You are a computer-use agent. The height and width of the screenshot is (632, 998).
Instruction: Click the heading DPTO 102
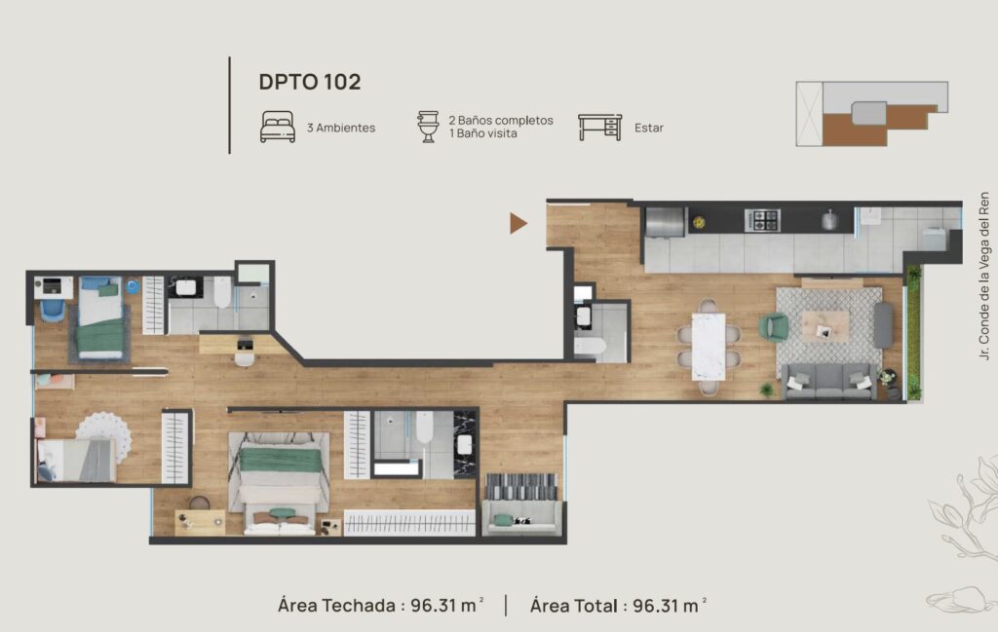[x=309, y=82]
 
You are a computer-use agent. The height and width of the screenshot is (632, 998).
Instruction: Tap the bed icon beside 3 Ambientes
[x=278, y=128]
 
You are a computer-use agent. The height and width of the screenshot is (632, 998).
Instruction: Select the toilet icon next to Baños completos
[x=429, y=127]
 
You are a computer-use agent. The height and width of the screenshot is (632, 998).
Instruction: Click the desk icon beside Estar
[x=599, y=128]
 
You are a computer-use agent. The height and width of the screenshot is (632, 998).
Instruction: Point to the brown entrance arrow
[x=518, y=223]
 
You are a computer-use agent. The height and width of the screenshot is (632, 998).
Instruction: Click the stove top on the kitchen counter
[x=762, y=221]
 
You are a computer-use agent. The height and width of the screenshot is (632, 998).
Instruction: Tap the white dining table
[x=709, y=347]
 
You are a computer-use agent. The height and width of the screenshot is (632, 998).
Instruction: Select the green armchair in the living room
[x=773, y=327]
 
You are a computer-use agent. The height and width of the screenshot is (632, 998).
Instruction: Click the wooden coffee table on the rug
[x=825, y=326]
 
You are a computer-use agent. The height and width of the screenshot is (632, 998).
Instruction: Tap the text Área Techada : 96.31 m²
[x=381, y=606]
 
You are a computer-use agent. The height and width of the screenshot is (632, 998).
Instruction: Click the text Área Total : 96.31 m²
[x=618, y=606]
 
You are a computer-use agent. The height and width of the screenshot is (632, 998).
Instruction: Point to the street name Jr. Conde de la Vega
[x=984, y=277]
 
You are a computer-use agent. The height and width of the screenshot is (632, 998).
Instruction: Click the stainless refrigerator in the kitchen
[x=665, y=222]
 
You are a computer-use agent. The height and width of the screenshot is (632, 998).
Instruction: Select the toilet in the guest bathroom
[x=590, y=347]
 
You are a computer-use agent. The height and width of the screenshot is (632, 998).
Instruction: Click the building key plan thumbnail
[x=872, y=114]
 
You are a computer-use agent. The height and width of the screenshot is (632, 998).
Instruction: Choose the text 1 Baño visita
[x=483, y=133]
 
